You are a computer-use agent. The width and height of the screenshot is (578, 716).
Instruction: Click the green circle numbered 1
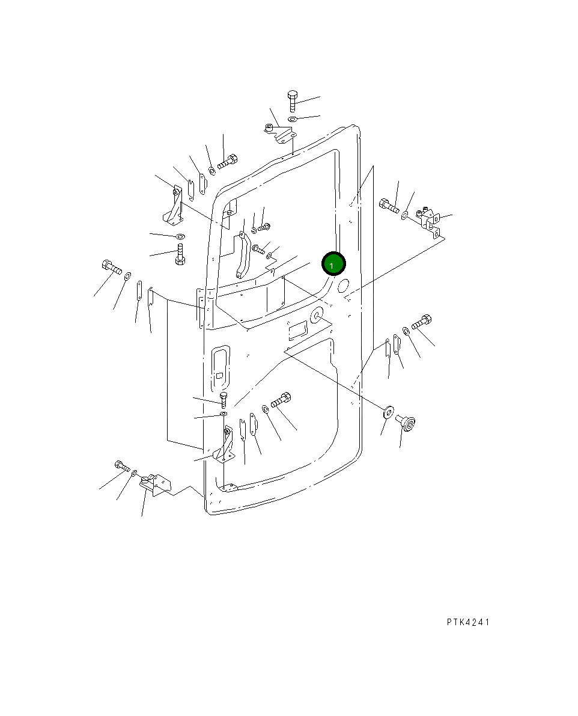point(333,264)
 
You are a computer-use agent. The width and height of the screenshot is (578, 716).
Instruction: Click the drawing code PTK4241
point(468,622)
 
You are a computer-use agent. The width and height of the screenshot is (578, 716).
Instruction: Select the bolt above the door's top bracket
point(293,101)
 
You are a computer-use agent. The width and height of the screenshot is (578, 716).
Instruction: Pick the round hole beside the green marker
point(343,286)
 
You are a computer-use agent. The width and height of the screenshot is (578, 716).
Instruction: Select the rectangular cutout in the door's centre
point(297,329)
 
